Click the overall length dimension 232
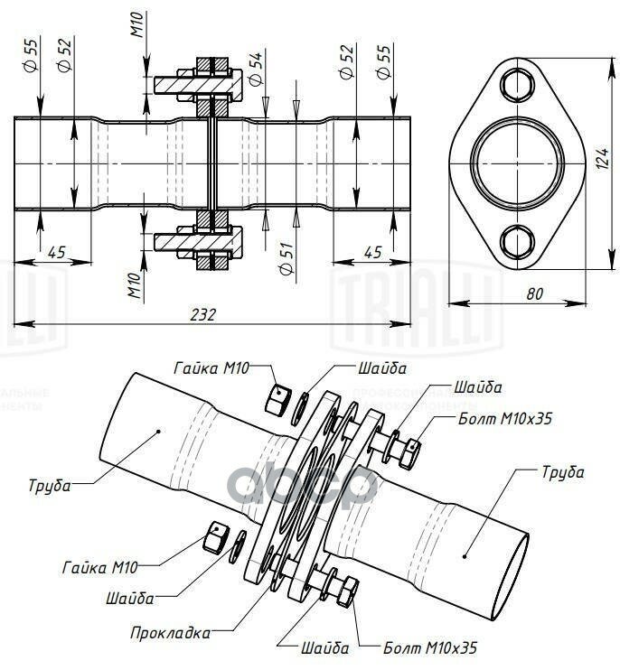[204, 314]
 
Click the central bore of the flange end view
[518, 163]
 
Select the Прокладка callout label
[170, 632]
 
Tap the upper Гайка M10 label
[211, 368]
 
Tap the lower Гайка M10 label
[100, 568]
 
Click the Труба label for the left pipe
[50, 485]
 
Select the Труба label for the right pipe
[562, 471]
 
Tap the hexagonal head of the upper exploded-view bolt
[412, 445]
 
